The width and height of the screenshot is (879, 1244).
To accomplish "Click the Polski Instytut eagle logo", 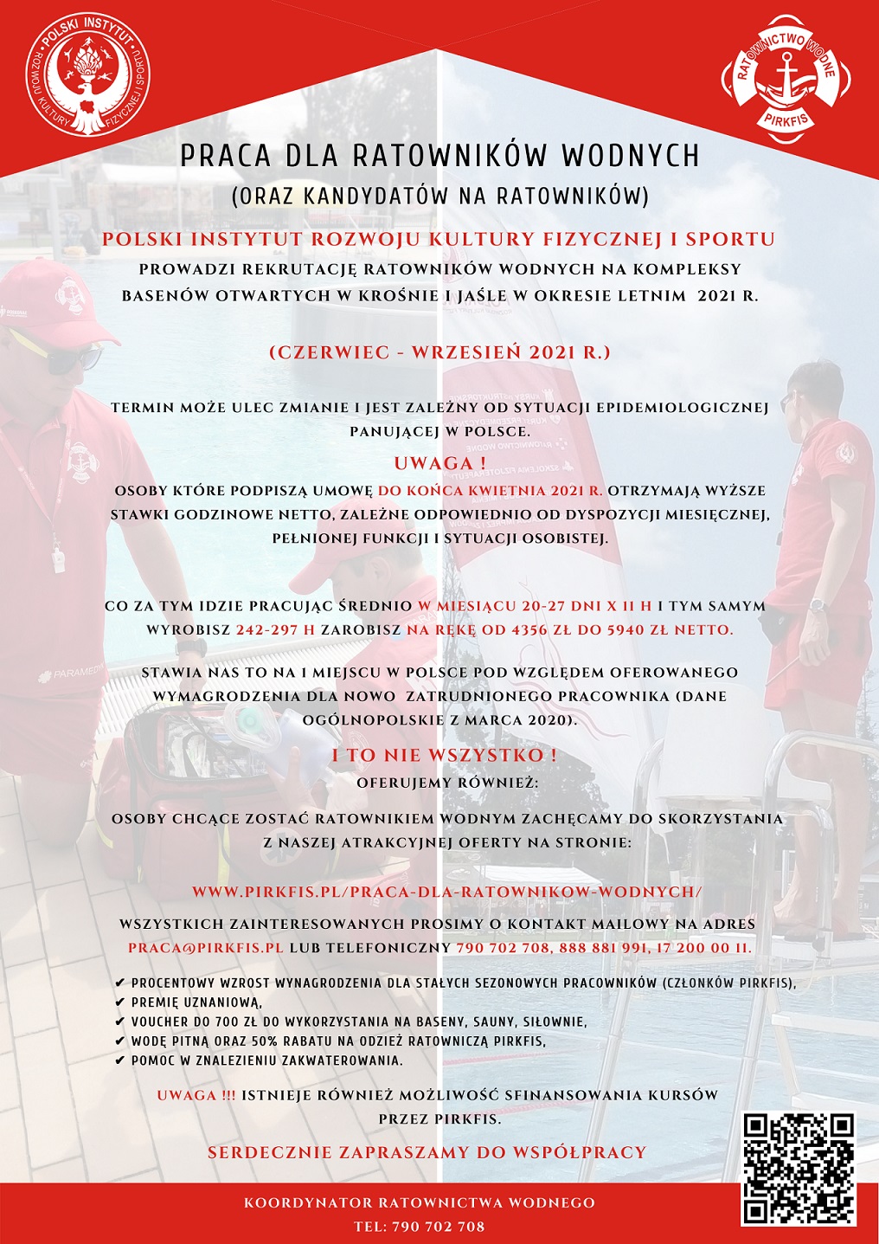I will (87, 78).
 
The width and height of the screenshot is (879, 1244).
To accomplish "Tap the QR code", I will (799, 1168).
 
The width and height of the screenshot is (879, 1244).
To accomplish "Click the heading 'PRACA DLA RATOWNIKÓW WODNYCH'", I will (439, 156).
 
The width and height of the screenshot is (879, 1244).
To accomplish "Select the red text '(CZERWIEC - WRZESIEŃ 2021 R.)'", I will (439, 352).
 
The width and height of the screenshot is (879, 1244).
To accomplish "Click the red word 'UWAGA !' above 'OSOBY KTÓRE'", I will (439, 462).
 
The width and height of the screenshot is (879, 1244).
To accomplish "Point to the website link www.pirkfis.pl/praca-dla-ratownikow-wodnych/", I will (446, 892).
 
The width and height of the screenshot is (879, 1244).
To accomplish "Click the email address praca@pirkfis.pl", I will (206, 948).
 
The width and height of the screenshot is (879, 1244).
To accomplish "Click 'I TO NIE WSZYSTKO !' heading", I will (444, 755).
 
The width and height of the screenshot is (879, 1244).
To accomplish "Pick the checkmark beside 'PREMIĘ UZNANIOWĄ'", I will (119, 1002).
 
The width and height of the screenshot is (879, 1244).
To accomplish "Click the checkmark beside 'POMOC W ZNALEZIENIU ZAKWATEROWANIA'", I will (119, 1060).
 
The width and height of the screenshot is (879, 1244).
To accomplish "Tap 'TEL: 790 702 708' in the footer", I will (420, 1227).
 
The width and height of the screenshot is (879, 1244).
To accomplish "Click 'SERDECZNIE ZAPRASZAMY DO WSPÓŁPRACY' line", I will (427, 1152).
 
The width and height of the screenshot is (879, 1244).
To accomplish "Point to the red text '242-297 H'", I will (275, 630).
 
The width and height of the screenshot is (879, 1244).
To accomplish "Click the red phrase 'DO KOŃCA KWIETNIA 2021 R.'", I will (491, 491).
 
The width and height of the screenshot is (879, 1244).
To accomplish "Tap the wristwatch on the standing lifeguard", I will (817, 604).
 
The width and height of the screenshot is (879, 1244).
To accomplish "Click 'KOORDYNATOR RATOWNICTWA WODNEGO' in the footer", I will (420, 1202).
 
